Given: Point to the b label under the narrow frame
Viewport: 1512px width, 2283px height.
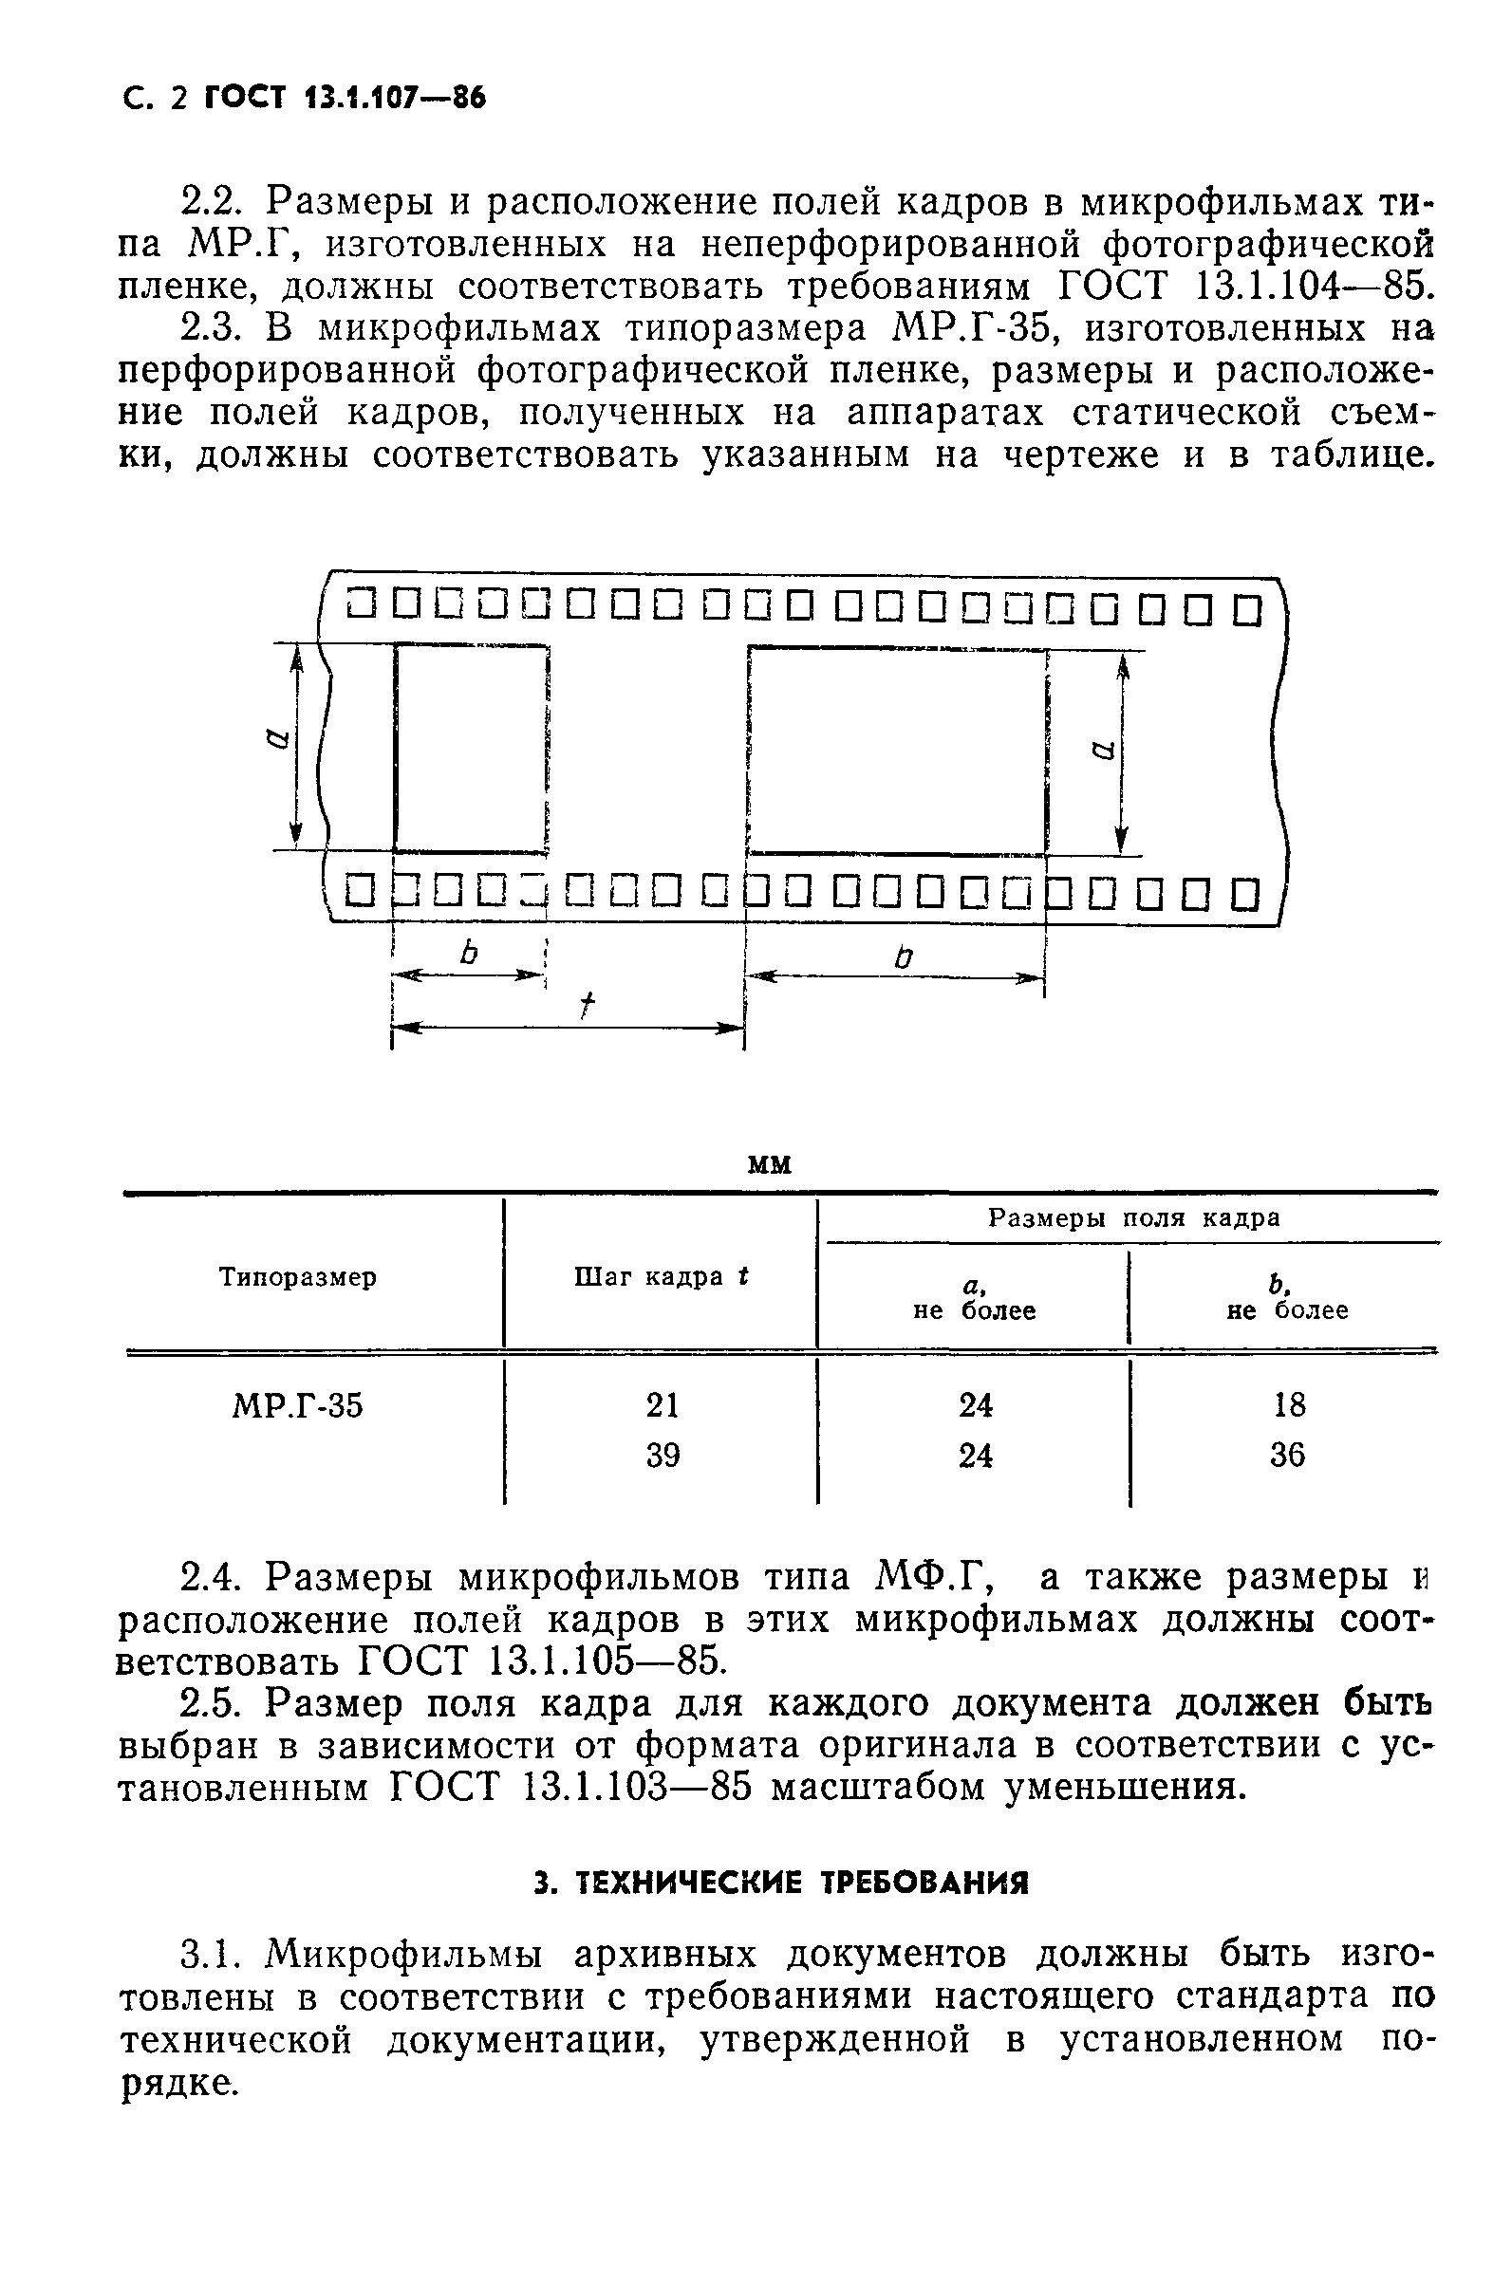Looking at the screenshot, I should [x=470, y=954].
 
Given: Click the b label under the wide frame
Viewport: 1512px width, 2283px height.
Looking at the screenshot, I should [x=904, y=957].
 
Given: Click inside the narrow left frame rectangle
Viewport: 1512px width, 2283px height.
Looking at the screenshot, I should [x=470, y=748].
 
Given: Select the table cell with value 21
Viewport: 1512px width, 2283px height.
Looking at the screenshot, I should [x=663, y=1405].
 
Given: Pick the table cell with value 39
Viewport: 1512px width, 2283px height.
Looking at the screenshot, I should [x=663, y=1455].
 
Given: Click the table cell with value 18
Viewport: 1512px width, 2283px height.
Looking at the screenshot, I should [x=1289, y=1405].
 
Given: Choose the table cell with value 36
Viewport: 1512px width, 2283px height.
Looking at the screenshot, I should [x=1287, y=1455].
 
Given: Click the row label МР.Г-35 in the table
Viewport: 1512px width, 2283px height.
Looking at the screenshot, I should [x=298, y=1406].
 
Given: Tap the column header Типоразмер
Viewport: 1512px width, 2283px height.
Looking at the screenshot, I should [x=298, y=1277].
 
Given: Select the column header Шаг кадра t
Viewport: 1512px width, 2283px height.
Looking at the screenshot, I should [x=662, y=1276].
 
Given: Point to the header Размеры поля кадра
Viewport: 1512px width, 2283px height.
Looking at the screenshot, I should [x=1134, y=1218].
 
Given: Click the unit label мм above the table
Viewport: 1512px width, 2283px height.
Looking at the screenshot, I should [x=771, y=1165].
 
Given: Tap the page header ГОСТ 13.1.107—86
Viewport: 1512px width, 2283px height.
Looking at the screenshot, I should [x=345, y=98].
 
